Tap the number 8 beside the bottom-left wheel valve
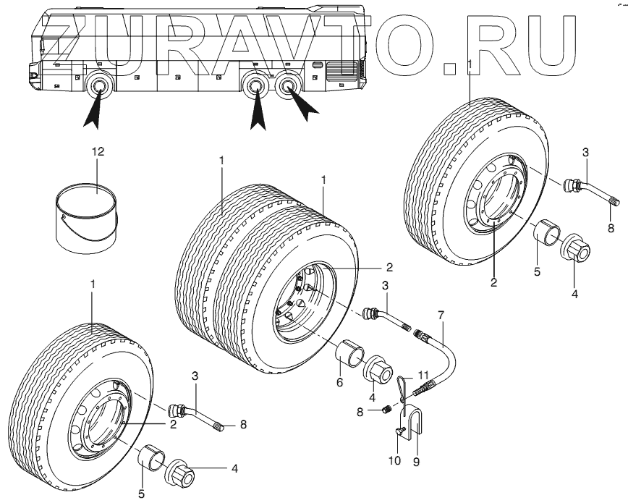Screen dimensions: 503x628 pos(242,425)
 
